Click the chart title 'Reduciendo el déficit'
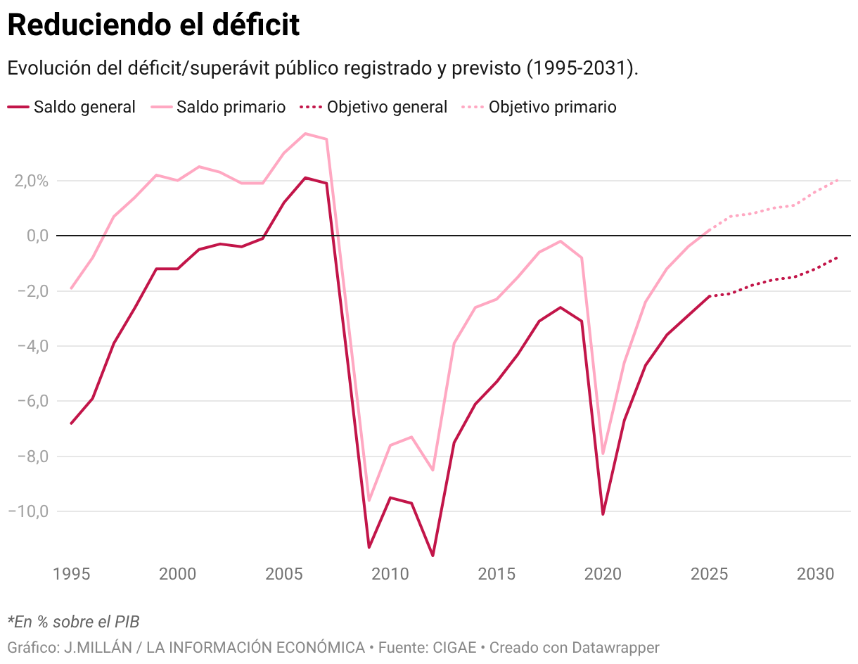coord(153,25)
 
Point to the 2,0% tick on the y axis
coord(29,181)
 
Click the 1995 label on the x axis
coord(72,574)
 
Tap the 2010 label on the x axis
coord(390,574)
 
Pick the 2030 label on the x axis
coord(816,574)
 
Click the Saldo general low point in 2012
coord(433,556)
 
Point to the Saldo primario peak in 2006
coord(305,134)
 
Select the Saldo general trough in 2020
coord(603,514)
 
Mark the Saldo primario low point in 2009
coord(369,500)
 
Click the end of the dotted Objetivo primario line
coord(837,180)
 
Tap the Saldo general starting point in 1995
coord(72,423)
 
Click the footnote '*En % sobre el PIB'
coord(73,622)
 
